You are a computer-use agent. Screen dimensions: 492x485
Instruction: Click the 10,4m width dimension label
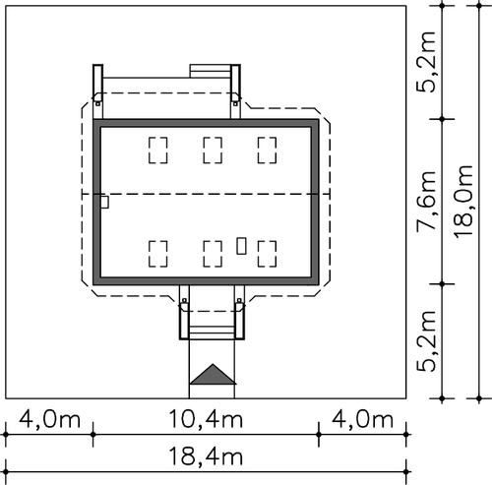[x=206, y=419]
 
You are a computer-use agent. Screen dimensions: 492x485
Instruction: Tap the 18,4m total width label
[x=206, y=456]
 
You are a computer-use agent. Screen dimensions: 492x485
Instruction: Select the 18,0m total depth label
[x=463, y=201]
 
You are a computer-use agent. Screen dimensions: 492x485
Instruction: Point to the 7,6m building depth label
[x=426, y=202]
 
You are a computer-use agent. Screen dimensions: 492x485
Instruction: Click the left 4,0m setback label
[x=49, y=419]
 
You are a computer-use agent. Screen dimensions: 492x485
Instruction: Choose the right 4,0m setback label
[x=362, y=419]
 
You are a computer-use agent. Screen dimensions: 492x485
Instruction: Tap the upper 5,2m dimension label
[x=426, y=62]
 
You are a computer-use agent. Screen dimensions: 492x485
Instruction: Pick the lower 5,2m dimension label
[x=426, y=340]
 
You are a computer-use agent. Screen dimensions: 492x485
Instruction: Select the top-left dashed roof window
[x=158, y=151]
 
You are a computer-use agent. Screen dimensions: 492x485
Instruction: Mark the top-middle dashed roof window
[x=213, y=151]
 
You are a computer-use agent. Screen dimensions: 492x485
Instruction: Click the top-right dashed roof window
[x=267, y=151]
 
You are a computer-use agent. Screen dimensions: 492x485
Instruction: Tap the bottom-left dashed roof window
[x=158, y=254]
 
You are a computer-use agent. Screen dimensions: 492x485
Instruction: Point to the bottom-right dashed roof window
[x=267, y=254]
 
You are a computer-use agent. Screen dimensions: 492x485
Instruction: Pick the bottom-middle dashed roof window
[x=213, y=254]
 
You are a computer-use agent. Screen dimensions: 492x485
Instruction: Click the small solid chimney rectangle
[x=241, y=246]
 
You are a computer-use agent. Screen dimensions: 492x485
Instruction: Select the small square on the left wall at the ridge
[x=104, y=202]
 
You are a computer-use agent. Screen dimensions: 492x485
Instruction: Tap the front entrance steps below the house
[x=212, y=333]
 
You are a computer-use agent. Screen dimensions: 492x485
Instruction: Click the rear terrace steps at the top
[x=211, y=71]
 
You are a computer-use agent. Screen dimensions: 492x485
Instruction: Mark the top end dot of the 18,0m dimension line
[x=479, y=6]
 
